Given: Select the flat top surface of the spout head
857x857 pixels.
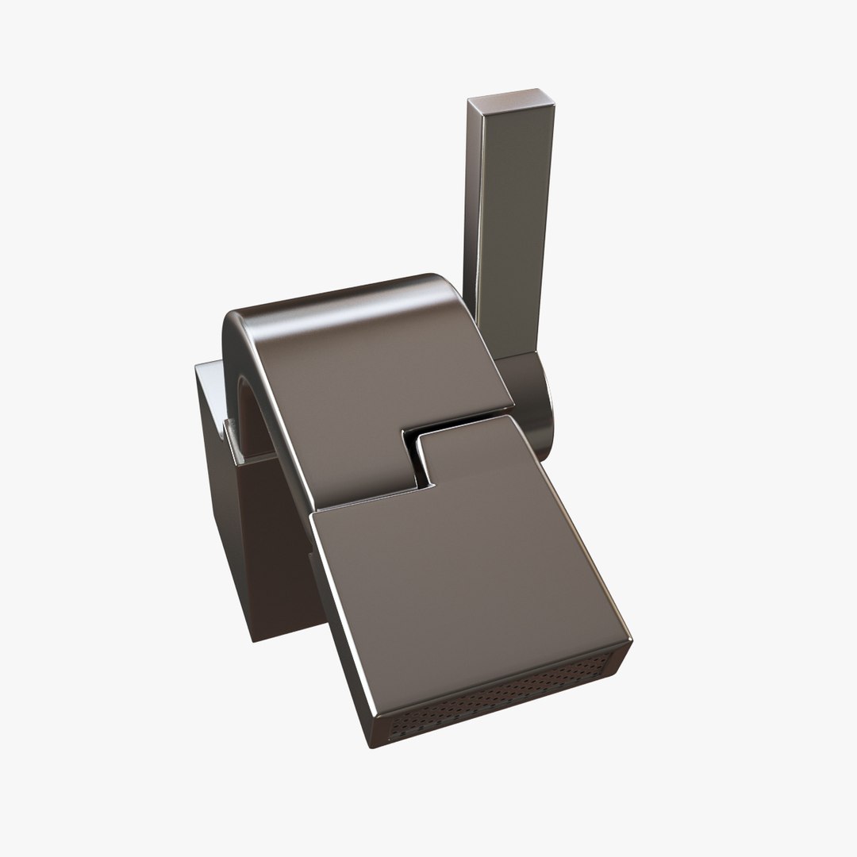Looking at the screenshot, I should [x=468, y=579].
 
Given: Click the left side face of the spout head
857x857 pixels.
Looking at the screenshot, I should [x=341, y=635].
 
